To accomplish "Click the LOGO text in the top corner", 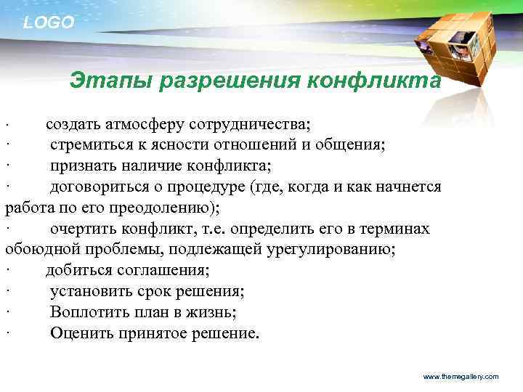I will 49,23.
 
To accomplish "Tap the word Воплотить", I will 86,313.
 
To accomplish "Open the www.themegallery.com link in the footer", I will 461,377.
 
